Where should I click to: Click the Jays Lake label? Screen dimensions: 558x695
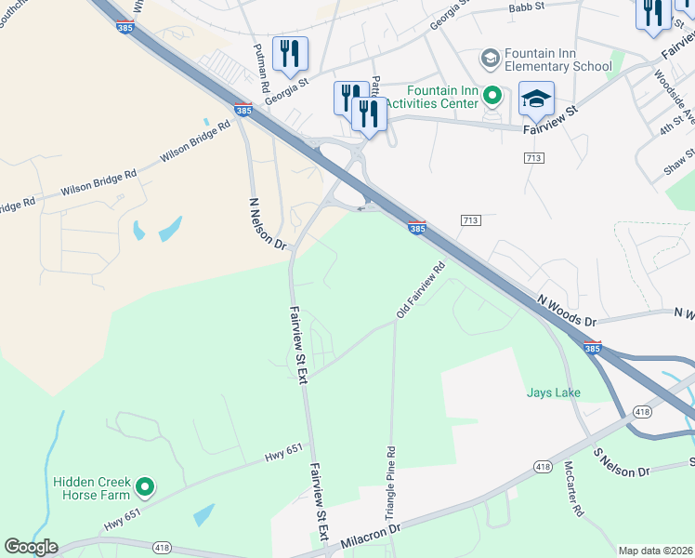tap(554, 392)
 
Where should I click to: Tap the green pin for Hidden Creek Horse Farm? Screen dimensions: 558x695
tap(144, 486)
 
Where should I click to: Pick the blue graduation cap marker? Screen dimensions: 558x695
tap(536, 100)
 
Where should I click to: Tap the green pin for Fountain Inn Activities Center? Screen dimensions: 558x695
tap(495, 94)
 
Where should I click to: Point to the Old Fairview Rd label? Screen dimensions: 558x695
tap(422, 289)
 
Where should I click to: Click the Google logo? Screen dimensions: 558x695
tap(31, 547)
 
